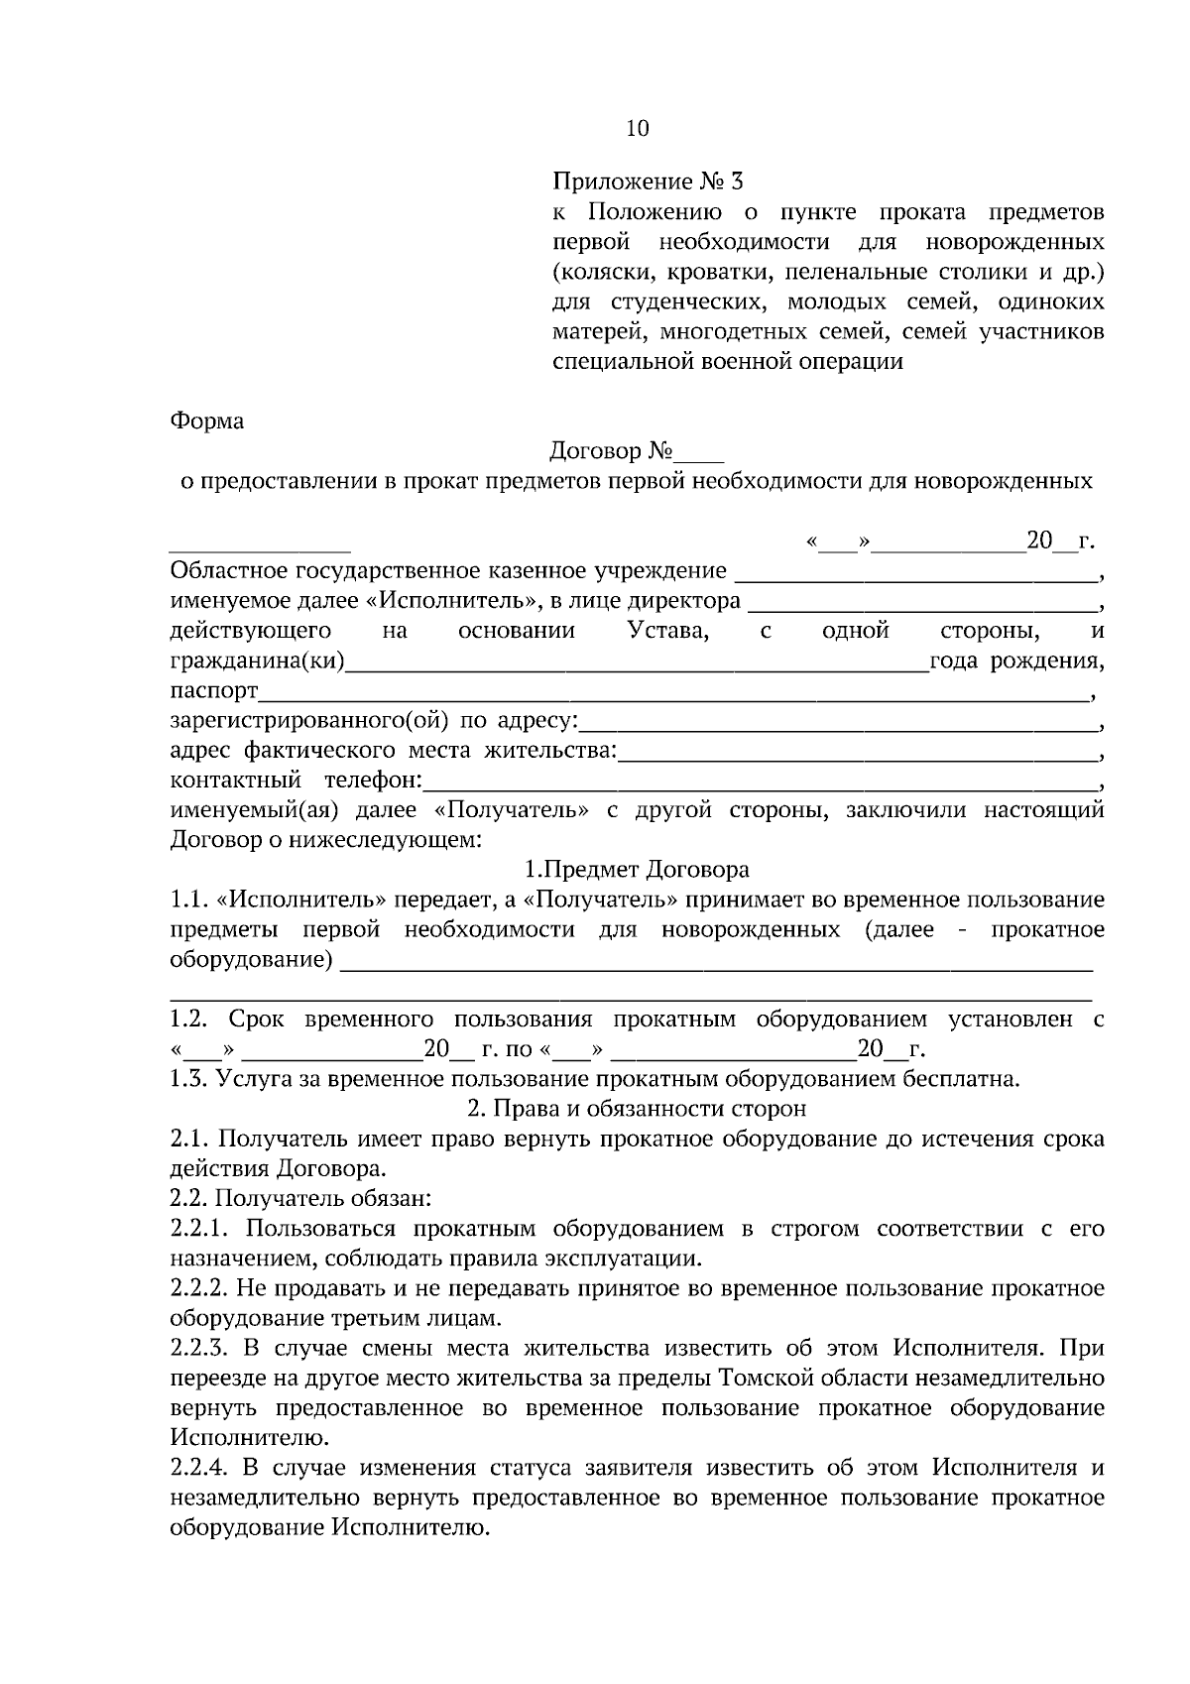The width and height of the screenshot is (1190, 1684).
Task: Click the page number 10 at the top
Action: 638,128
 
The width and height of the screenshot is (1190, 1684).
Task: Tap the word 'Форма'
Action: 207,421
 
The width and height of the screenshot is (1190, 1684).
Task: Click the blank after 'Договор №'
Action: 700,454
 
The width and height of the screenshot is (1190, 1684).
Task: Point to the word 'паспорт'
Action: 214,690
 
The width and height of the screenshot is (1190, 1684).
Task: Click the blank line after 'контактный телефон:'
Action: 760,782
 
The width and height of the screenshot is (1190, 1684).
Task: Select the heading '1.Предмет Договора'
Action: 637,870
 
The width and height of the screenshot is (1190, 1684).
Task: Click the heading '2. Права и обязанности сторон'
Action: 637,1108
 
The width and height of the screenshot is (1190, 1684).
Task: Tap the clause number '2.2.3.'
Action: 200,1348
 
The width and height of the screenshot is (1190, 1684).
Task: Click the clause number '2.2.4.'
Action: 200,1467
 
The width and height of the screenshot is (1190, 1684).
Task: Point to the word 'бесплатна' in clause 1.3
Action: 967,1079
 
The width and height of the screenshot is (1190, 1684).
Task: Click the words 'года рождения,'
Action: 1015,662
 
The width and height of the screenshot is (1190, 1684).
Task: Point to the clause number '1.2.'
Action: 187,1020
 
